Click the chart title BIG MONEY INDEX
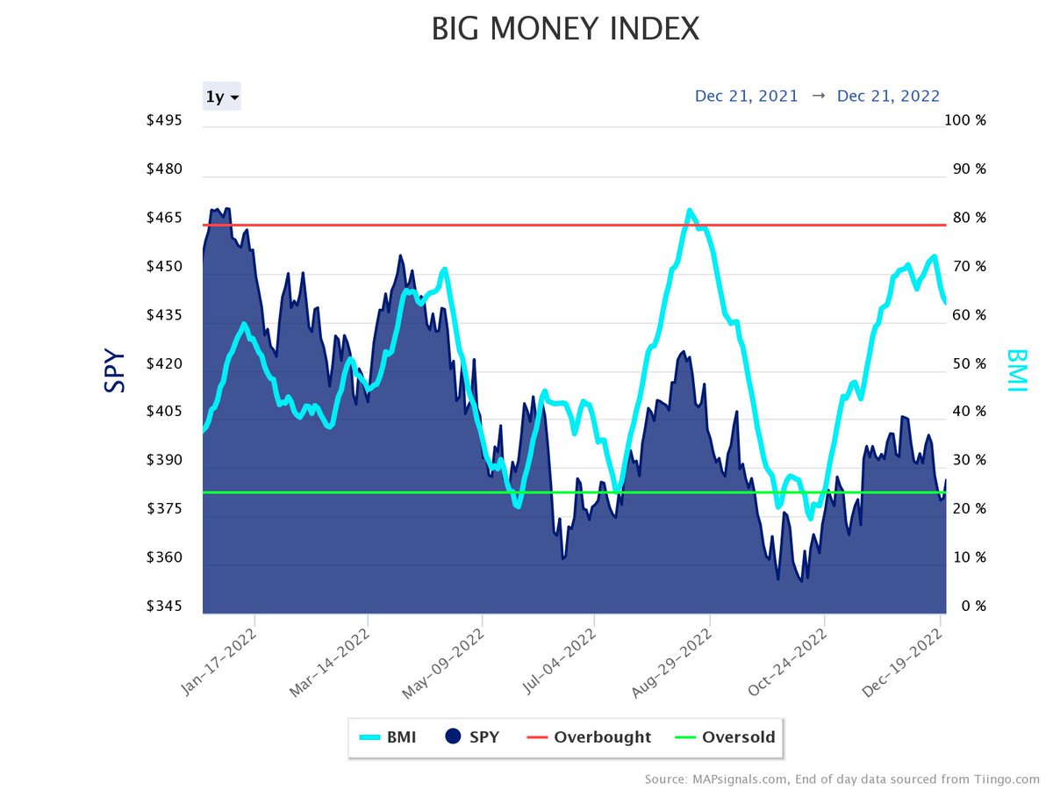point(565,30)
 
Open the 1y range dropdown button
point(222,97)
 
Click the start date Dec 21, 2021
point(746,97)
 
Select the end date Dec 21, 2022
point(888,97)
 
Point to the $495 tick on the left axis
point(165,120)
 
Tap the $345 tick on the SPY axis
point(165,607)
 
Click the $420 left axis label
point(165,363)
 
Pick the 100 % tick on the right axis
point(965,120)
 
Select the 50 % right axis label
point(965,363)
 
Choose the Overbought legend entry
point(590,737)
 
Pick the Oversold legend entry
point(727,737)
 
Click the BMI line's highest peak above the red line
point(690,211)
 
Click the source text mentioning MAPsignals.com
point(842,779)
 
